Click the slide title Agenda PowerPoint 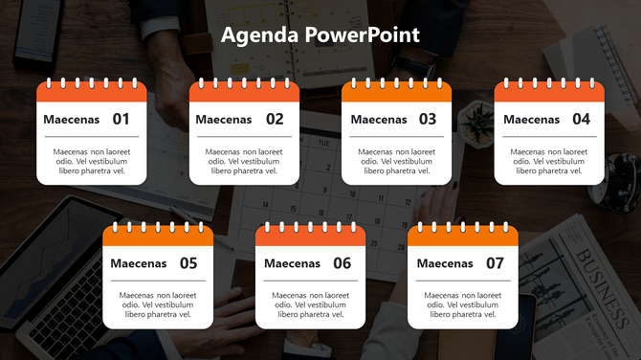tap(320, 35)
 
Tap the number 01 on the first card tap(121, 120)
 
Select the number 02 tap(275, 120)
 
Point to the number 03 tap(427, 120)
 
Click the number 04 tap(581, 120)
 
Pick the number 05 tap(188, 263)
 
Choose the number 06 tap(342, 263)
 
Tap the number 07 tap(495, 263)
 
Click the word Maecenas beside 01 tap(72, 120)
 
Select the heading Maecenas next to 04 tap(531, 120)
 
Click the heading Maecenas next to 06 tap(292, 263)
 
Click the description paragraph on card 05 tap(158, 304)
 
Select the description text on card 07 tap(463, 304)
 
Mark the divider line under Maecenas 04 tap(549, 138)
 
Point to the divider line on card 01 tap(91, 138)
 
